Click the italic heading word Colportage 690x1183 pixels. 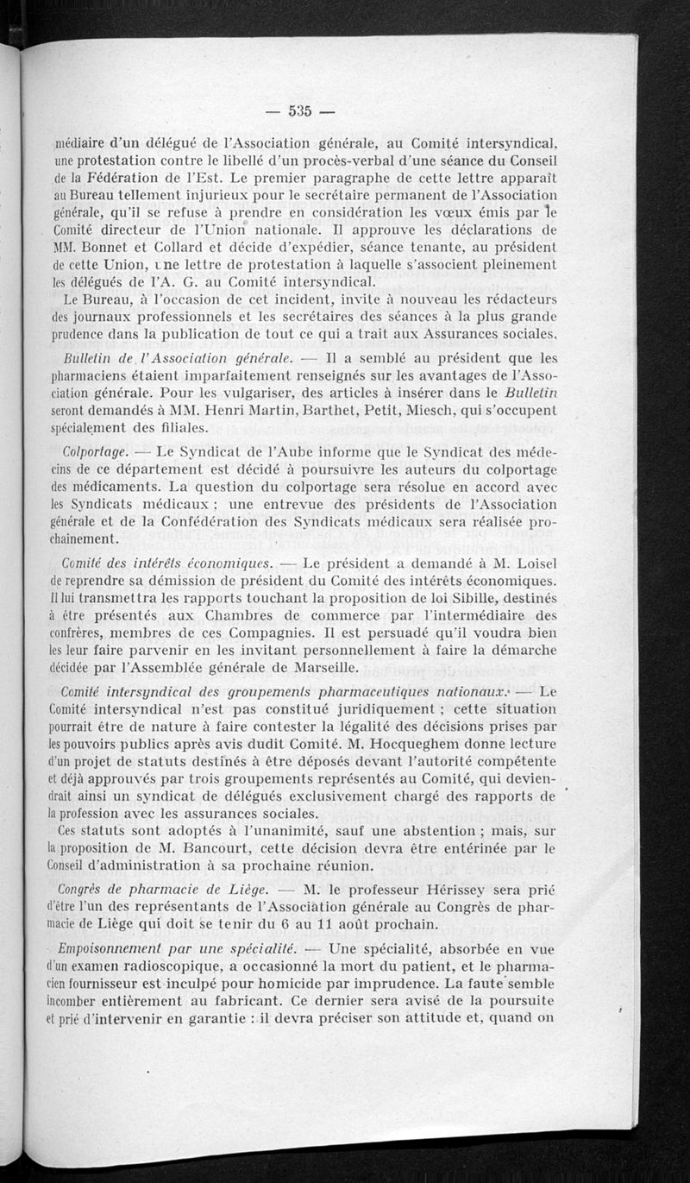tap(96, 451)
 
